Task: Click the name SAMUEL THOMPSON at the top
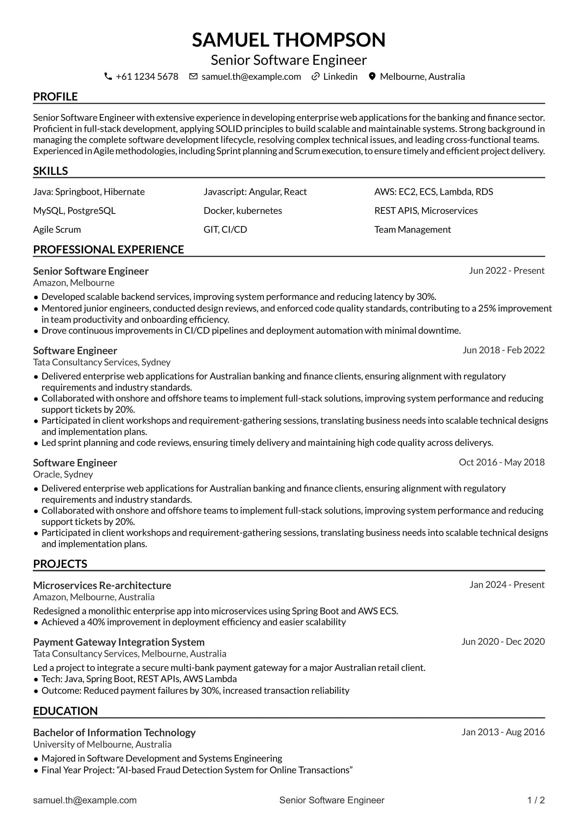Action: click(x=289, y=40)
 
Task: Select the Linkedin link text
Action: click(x=340, y=76)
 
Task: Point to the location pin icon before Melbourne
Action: click(x=372, y=76)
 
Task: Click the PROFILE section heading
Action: click(x=55, y=97)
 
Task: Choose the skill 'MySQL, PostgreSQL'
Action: click(x=74, y=211)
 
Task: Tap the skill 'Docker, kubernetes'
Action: click(x=243, y=211)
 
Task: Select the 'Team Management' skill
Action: click(x=413, y=229)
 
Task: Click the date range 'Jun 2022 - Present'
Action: click(x=506, y=270)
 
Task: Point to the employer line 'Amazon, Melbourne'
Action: click(x=74, y=283)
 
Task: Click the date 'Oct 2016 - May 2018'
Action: click(x=502, y=462)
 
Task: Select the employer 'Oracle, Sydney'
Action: click(x=63, y=474)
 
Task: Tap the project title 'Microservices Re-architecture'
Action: click(x=102, y=585)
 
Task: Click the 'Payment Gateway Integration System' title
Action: click(x=119, y=642)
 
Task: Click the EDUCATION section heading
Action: click(x=65, y=711)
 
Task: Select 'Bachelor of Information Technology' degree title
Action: click(x=114, y=732)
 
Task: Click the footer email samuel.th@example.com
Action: click(x=85, y=800)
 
